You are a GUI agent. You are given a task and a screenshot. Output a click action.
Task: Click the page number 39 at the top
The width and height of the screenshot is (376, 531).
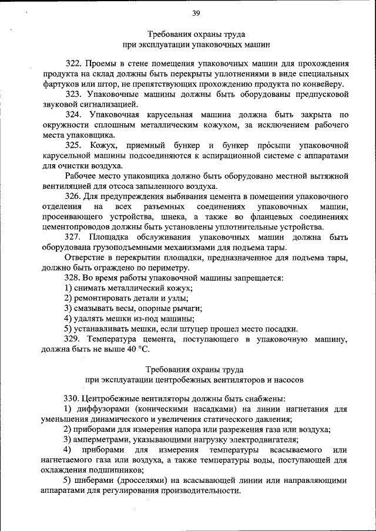tap(196, 13)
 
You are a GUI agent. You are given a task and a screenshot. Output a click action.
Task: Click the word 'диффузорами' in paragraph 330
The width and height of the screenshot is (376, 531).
tap(101, 409)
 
